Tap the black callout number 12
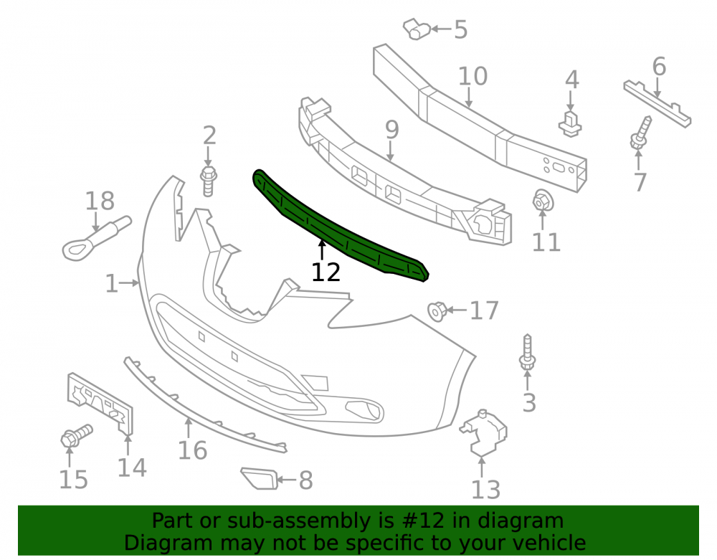coord(326,272)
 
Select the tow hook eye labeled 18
coord(97,238)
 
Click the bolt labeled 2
coord(208,181)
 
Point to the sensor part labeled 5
coord(416,29)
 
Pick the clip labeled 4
coord(570,123)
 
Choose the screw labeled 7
coord(640,133)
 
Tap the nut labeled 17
coord(437,311)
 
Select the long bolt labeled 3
coord(527,352)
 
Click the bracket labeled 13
coord(484,432)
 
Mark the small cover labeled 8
coord(260,478)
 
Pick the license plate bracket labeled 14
coord(100,403)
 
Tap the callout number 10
coord(473,76)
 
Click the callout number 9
coord(392,130)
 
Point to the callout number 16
coord(192,450)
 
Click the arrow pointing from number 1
coord(129,283)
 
